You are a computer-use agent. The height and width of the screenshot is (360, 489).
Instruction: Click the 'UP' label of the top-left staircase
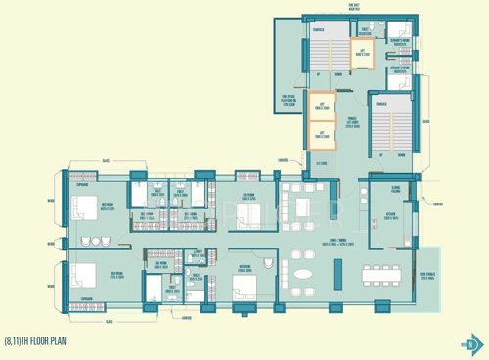(x=317, y=74)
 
